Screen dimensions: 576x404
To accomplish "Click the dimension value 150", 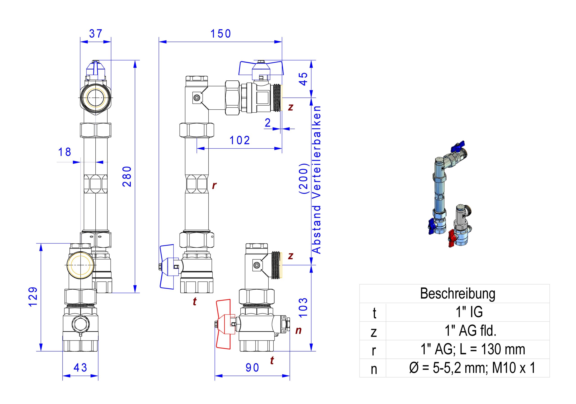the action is [x=220, y=34].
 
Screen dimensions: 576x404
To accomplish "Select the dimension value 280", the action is [x=127, y=177].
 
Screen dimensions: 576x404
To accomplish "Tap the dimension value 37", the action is [x=96, y=34].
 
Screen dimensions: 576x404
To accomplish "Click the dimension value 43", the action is [x=80, y=368].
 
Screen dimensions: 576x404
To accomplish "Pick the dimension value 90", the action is [x=252, y=368].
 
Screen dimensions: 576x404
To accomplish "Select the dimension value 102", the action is [x=240, y=140].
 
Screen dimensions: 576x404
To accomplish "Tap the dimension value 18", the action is [x=65, y=152].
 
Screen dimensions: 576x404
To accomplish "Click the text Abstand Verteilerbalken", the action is [x=316, y=179].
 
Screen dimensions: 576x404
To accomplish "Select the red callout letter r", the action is [x=214, y=186].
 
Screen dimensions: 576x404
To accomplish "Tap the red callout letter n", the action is [x=298, y=330].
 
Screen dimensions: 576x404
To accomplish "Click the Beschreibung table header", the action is [x=458, y=293].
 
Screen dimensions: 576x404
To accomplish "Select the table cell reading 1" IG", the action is [x=469, y=312].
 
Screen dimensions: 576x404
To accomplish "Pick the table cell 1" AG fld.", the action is [x=471, y=331].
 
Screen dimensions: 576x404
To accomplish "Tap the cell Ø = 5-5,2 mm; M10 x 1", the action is [x=472, y=368].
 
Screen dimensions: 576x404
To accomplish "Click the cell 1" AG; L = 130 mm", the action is [x=473, y=349].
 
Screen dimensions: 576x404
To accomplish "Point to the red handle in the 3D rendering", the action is [x=451, y=238].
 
